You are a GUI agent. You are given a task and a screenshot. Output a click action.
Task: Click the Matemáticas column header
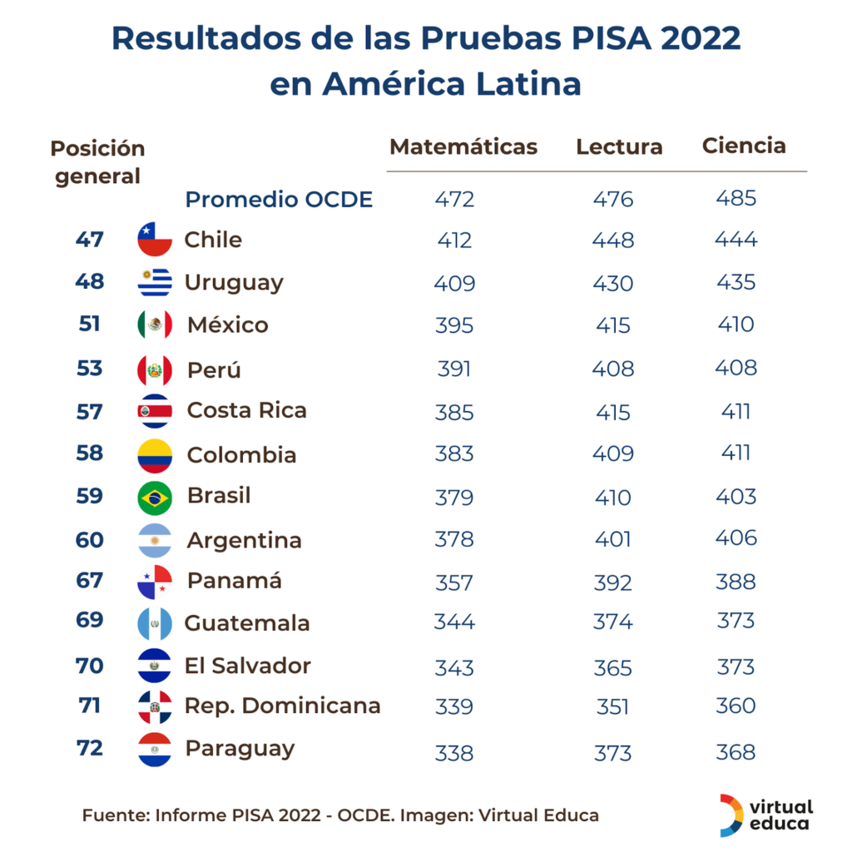pos(463,147)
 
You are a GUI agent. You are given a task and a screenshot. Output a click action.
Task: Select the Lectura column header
pos(619,147)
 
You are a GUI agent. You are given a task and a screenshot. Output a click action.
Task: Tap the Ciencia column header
pos(744,146)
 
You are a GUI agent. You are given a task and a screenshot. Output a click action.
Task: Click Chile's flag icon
pos(155,240)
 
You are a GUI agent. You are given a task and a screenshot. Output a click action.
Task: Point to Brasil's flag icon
pos(155,498)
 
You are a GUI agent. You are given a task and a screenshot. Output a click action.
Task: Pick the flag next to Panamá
pos(155,582)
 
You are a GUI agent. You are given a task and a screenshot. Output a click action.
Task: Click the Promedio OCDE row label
pos(279,200)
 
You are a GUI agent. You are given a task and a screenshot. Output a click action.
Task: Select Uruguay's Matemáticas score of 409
pos(454,283)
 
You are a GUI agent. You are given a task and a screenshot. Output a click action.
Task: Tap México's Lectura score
pos(613,325)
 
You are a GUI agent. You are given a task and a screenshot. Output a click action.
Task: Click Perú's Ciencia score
pos(736,368)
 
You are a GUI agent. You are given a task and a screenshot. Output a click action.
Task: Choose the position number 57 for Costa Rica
pos(89,411)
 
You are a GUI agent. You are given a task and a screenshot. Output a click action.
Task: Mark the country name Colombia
pos(241,455)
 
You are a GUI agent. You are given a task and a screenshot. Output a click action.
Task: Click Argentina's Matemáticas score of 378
pos(454,539)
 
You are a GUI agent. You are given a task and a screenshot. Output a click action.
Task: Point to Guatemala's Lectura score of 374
pos(613,622)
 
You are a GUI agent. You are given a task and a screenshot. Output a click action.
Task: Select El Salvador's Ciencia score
pos(736,666)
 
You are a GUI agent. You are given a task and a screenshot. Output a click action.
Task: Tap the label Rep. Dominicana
pos(282,706)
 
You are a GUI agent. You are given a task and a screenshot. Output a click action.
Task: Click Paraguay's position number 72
pos(89,748)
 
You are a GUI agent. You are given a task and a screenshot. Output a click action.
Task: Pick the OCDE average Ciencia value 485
pos(736,199)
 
